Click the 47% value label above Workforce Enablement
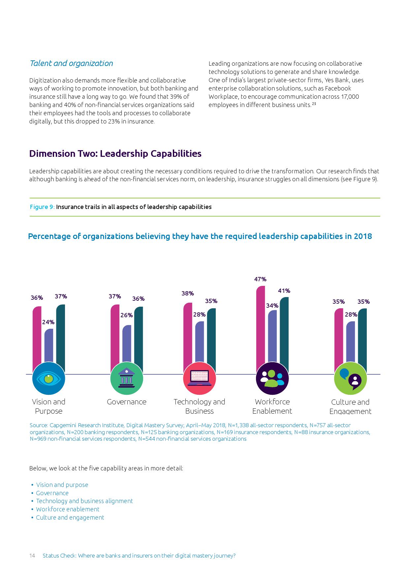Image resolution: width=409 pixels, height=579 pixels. [260, 279]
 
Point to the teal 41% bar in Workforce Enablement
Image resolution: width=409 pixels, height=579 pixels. [284, 333]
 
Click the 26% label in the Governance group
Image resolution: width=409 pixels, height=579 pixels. [126, 315]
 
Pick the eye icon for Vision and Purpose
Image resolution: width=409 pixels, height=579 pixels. [49, 378]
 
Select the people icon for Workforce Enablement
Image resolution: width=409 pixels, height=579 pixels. [272, 378]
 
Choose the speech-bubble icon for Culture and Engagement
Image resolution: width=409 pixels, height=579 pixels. [350, 378]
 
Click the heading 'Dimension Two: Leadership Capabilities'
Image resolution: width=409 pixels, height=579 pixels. [115, 154]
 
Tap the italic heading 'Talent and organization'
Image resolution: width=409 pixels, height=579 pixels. [71, 63]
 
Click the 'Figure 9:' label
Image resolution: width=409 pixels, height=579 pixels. [42, 207]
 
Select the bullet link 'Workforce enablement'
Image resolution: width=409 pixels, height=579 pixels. [68, 509]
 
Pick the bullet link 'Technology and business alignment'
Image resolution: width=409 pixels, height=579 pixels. [84, 501]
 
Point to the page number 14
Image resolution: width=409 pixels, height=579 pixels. [32, 556]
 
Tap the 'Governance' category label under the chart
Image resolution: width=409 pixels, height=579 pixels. [127, 402]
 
